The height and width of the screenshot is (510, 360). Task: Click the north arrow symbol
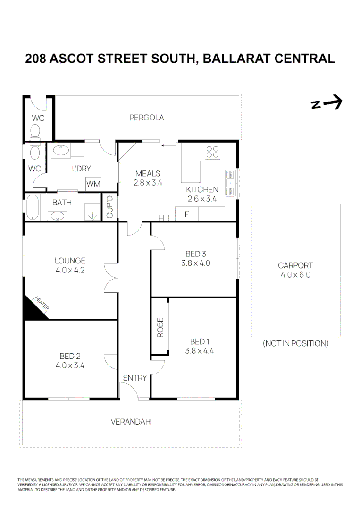tap(327, 103)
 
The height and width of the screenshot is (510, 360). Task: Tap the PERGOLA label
tap(147, 118)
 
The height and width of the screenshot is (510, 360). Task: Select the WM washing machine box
tap(93, 184)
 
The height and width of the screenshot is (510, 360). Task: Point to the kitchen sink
tap(231, 183)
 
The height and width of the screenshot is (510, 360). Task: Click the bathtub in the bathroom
tap(33, 208)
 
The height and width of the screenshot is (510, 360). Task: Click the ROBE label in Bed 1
tap(160, 327)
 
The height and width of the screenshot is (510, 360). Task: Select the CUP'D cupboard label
tap(110, 207)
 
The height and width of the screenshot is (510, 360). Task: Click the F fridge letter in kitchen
tap(186, 214)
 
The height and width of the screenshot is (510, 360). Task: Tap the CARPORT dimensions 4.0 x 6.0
tap(295, 274)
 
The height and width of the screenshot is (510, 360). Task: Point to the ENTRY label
tap(135, 378)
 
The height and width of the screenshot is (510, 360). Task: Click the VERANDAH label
tap(131, 422)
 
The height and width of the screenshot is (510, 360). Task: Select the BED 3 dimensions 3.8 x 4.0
tap(195, 263)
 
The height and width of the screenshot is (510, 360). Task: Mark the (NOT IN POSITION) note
tap(295, 343)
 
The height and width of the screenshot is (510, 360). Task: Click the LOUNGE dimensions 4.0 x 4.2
tap(70, 270)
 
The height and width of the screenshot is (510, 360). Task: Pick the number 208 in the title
tap(36, 59)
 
